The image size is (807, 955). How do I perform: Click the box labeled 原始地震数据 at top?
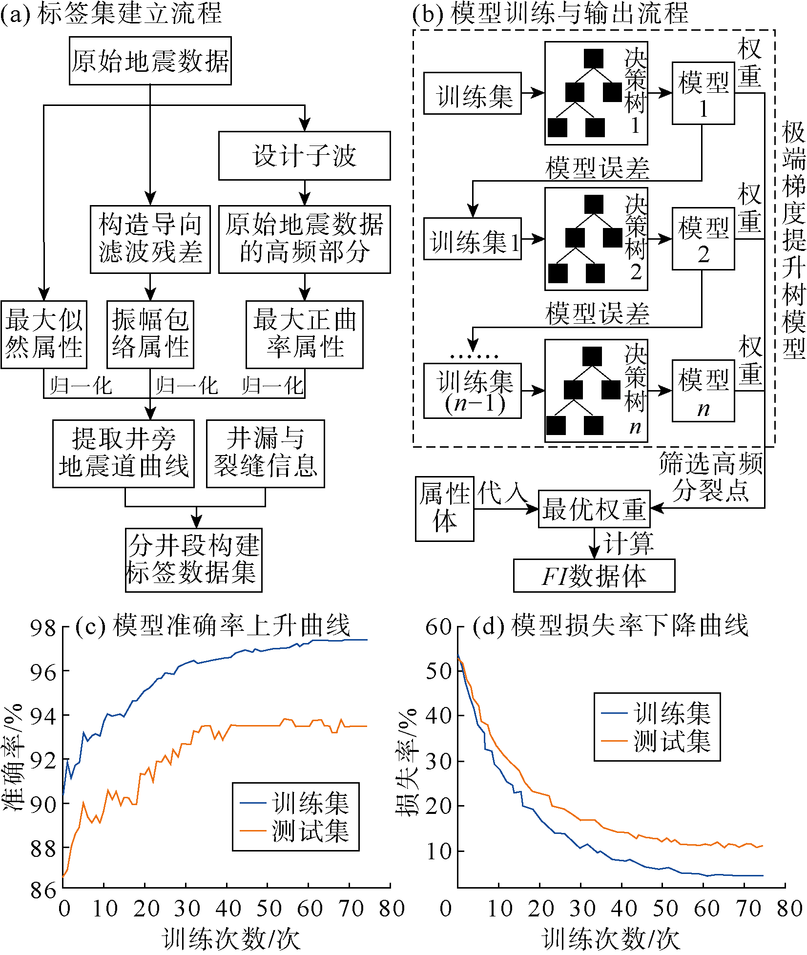coord(150,61)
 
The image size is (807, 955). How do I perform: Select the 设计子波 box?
coord(304,156)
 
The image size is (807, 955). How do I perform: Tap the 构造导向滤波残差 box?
coord(150,239)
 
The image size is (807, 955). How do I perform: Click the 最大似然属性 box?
coord(43,334)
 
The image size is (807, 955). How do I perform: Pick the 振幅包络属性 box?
coord(150,334)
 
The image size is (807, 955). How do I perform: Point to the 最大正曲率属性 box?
coord(304,334)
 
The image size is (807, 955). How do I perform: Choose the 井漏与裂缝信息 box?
coord(265,454)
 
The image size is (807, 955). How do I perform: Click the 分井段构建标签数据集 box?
coord(193,560)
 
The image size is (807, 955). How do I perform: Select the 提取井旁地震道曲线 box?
coord(123,454)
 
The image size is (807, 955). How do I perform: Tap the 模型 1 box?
coord(703,93)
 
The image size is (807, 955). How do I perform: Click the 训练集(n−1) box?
coord(472,391)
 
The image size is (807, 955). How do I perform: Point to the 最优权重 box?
coord(594,509)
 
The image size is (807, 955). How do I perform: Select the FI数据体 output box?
coord(594,576)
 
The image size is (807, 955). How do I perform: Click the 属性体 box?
coord(444,509)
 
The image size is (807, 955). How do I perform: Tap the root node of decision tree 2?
coord(594,205)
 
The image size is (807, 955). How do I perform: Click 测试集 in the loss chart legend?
coord(672,741)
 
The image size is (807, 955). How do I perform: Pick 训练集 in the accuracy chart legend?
coord(310,803)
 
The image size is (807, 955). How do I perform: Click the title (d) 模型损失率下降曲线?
coord(610,626)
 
